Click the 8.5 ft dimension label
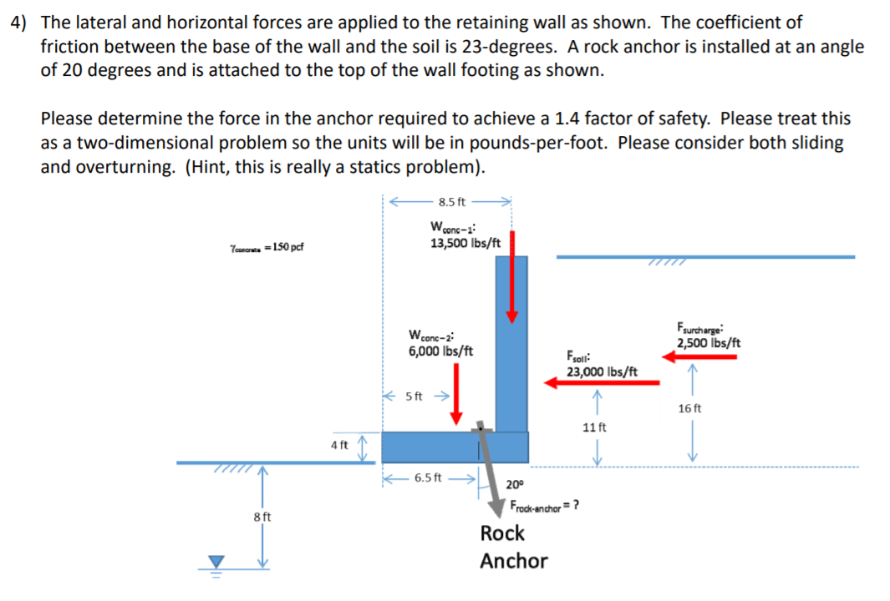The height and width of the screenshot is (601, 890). pyautogui.click(x=451, y=201)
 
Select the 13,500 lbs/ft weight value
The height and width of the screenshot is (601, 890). pyautogui.click(x=465, y=243)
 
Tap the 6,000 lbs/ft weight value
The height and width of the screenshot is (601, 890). pyautogui.click(x=440, y=351)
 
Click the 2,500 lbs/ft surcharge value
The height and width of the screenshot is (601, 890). pyautogui.click(x=709, y=343)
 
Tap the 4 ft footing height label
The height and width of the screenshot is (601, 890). pyautogui.click(x=339, y=445)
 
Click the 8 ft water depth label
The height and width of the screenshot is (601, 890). pyautogui.click(x=261, y=517)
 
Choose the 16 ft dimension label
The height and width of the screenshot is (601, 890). pyautogui.click(x=690, y=408)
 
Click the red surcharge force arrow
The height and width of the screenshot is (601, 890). pyautogui.click(x=699, y=356)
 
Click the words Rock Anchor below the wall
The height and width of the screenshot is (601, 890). pyautogui.click(x=513, y=547)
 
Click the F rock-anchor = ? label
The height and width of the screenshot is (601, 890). pyautogui.click(x=545, y=505)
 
